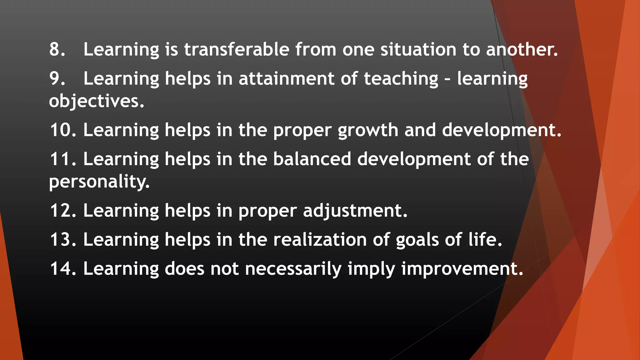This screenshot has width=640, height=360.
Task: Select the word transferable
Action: [237, 49]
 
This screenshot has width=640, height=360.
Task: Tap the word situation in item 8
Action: [418, 49]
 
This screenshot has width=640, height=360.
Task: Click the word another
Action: [522, 49]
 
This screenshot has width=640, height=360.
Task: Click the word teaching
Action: [401, 78]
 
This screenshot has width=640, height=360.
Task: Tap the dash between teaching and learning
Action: [447, 79]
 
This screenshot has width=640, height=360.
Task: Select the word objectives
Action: [96, 101]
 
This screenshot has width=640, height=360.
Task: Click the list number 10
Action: [63, 130]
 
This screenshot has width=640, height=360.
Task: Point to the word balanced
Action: [312, 159]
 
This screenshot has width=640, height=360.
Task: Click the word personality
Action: [99, 182]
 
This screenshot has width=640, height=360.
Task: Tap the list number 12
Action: [63, 210]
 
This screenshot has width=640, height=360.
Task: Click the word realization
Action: [320, 240]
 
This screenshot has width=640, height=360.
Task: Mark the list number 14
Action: [63, 268]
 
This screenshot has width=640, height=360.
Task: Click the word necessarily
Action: [293, 269]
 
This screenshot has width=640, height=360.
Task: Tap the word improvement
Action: [462, 269]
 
